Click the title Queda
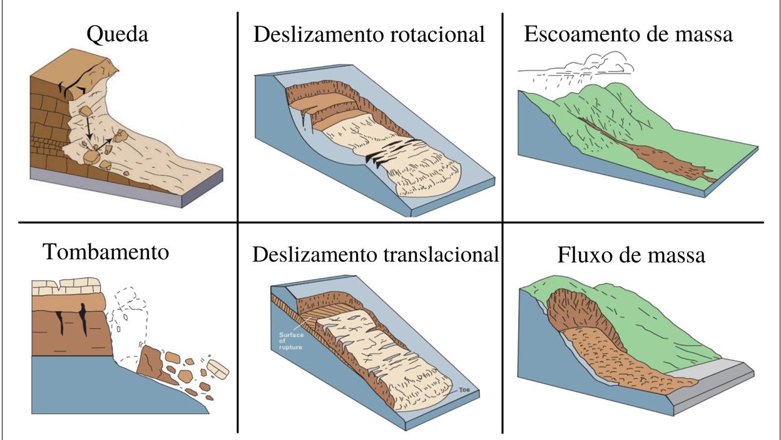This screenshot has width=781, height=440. click(118, 35)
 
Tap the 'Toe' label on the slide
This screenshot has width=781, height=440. click(464, 389)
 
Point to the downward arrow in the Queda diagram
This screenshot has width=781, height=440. click(88, 124)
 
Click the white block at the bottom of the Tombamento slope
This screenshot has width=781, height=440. click(218, 370)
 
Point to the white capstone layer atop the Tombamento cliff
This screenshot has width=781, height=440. click(66, 286)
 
